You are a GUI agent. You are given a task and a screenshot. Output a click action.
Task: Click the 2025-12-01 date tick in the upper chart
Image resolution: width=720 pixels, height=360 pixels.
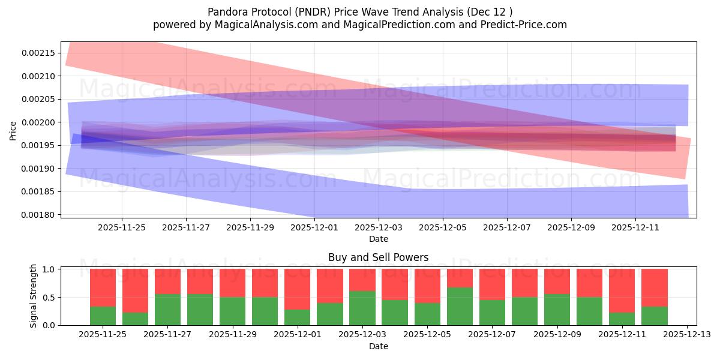(314, 227)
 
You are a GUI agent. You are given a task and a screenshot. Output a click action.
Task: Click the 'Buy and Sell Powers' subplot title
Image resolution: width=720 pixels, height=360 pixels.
(378, 257)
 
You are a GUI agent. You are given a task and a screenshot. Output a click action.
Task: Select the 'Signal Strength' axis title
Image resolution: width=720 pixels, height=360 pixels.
(34, 296)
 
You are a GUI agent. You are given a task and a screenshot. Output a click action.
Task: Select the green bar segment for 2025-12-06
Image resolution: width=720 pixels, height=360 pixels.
(460, 306)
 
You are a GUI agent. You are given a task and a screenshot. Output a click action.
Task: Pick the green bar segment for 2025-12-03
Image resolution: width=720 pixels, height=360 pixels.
(362, 308)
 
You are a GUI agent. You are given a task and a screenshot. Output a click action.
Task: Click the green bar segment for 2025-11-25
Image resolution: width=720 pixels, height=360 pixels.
(103, 316)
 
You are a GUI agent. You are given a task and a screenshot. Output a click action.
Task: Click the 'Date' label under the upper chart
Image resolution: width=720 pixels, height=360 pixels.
(378, 239)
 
